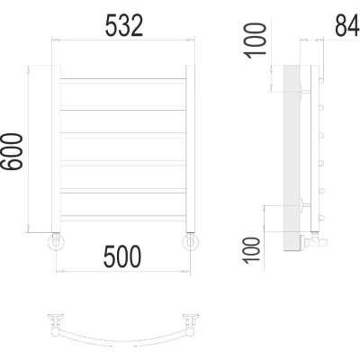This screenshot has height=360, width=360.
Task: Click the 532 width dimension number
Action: [124, 26]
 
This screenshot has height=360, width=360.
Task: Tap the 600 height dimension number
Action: [12, 152]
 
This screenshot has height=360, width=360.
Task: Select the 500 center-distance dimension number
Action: [122, 256]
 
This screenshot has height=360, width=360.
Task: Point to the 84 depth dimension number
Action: [347, 26]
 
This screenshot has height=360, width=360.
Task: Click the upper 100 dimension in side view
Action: [256, 41]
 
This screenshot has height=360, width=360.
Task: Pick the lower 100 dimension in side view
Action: [251, 251]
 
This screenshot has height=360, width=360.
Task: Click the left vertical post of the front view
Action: [56, 148]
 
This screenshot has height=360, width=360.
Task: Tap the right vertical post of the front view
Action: [190, 148]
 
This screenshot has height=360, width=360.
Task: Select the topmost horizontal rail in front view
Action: [123, 81]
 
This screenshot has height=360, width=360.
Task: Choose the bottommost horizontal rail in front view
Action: [123, 218]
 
